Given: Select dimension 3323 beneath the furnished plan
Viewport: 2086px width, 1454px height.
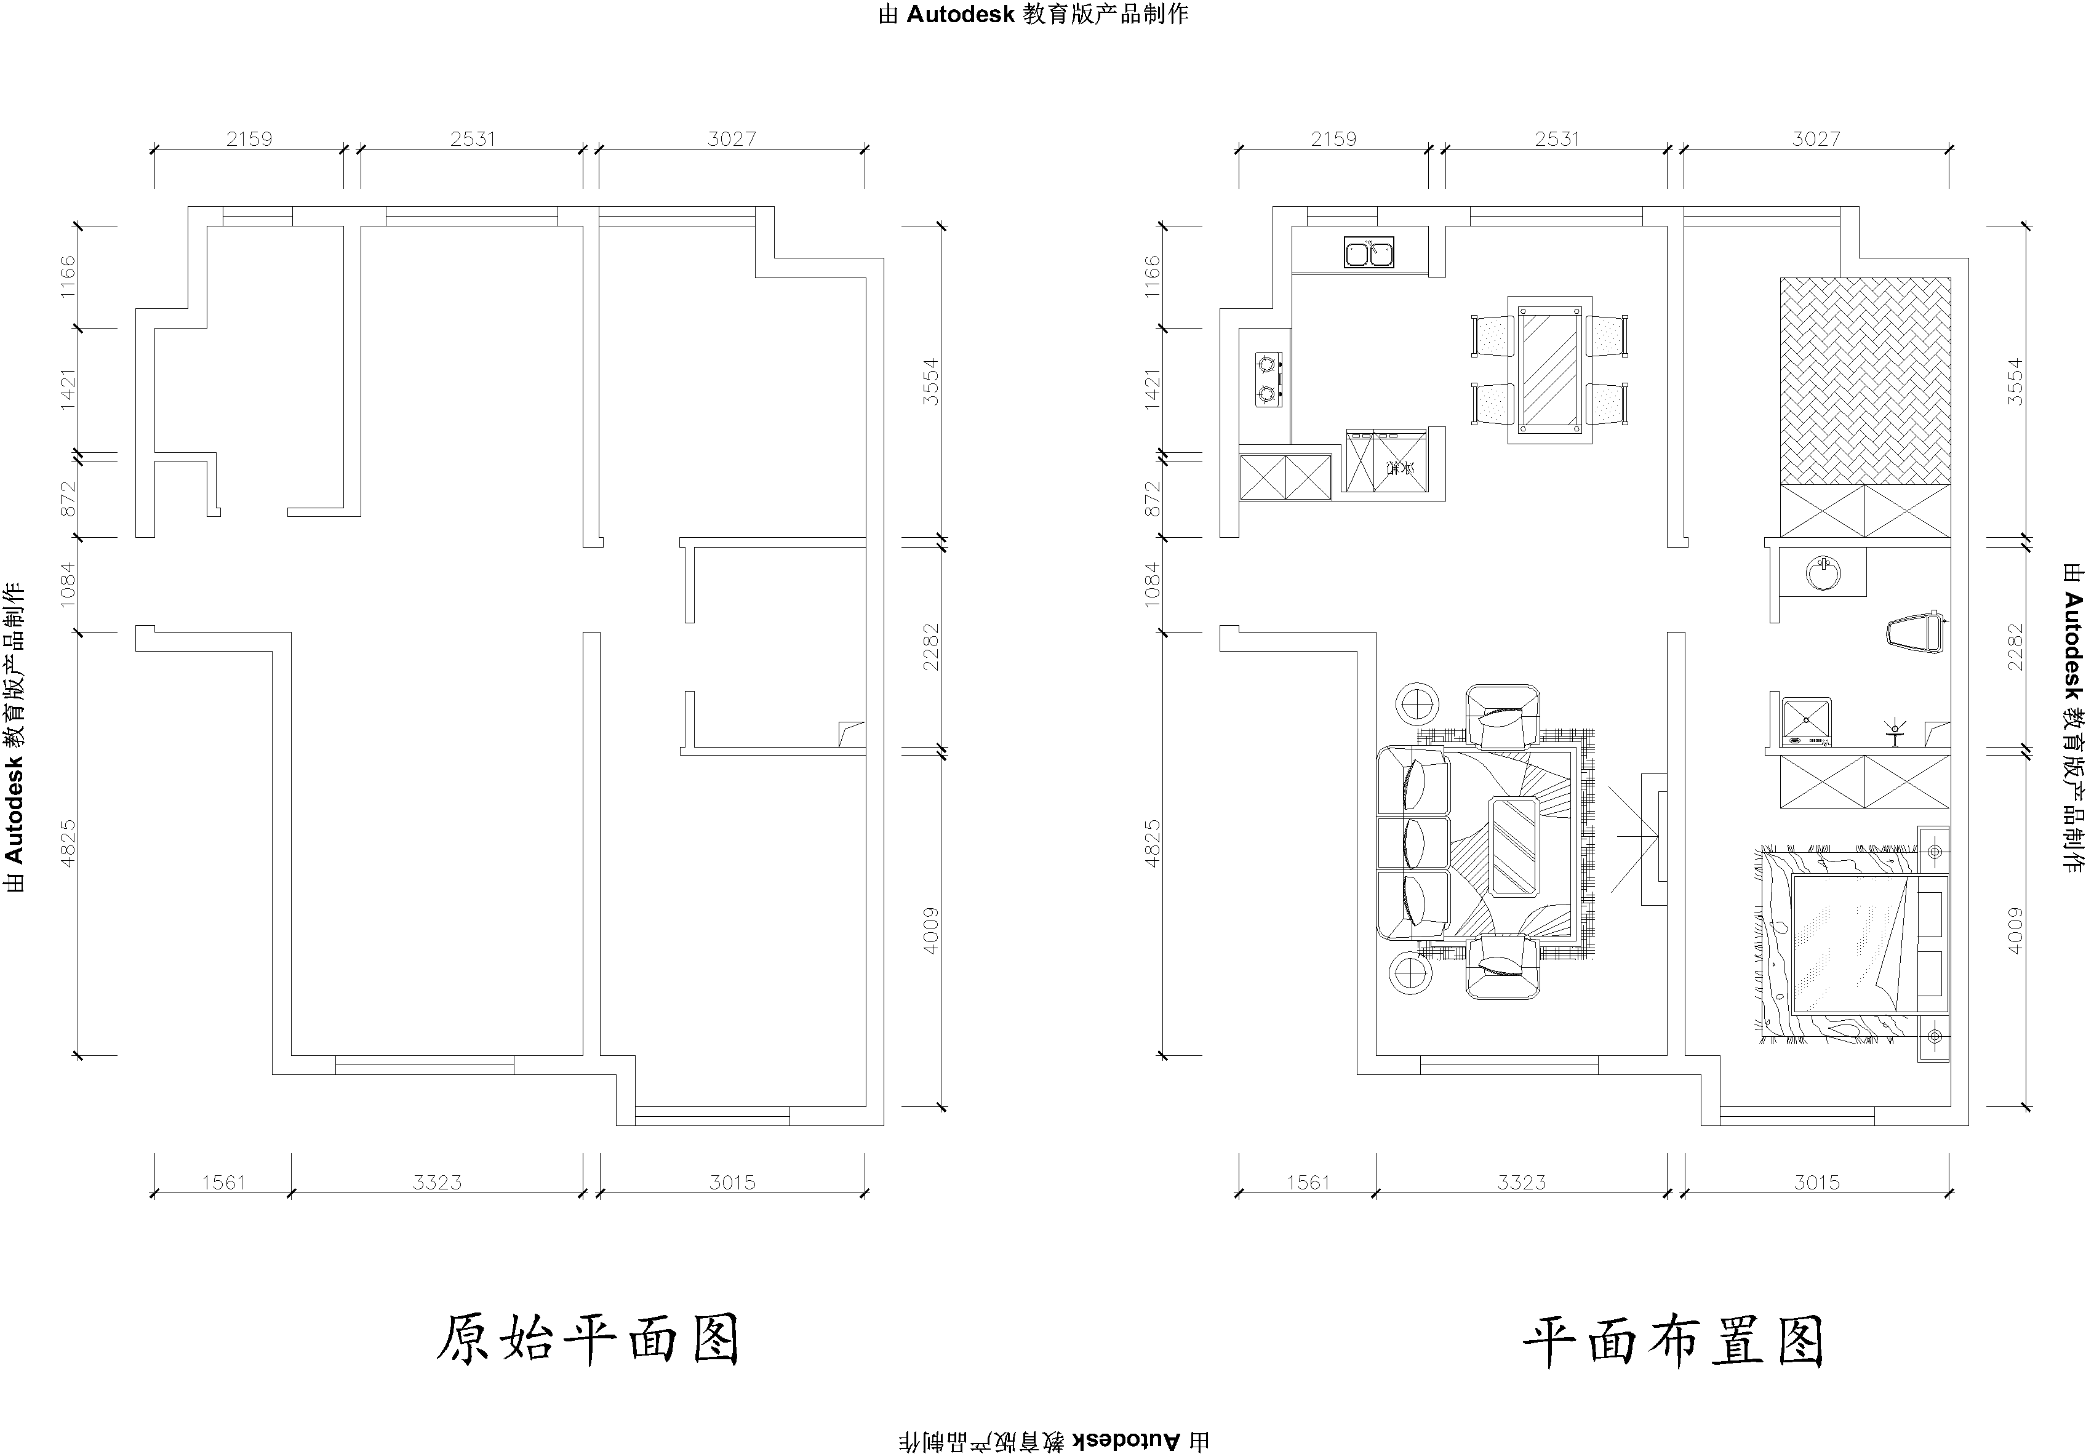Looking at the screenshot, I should click(1522, 1182).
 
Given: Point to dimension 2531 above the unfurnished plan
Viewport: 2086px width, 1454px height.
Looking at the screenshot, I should click(473, 139).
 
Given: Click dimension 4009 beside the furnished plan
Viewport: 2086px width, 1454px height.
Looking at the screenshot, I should click(2015, 930).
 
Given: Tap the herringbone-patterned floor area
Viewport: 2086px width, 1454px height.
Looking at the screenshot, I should click(1864, 380).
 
